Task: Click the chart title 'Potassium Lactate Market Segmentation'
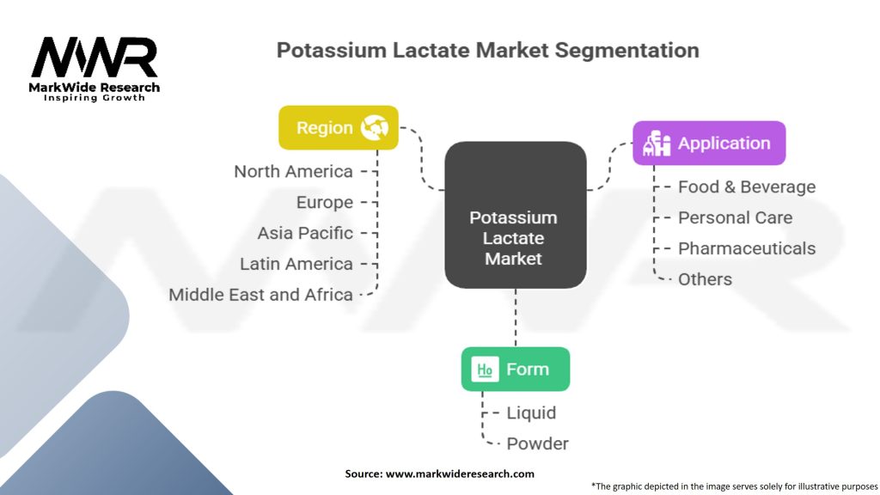point(487,50)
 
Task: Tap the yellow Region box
point(338,128)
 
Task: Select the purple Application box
point(709,144)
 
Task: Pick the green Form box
point(515,370)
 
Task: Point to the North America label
point(293,171)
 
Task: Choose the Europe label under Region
point(324,202)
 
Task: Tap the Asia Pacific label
point(305,233)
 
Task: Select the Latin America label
point(296,264)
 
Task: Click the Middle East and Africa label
point(260,295)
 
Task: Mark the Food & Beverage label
point(746,186)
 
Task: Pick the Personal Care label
point(735,217)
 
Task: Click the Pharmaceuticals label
point(746,248)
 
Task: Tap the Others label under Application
point(705,279)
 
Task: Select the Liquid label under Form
point(531,412)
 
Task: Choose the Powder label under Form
point(537,443)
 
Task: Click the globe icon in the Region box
point(375,128)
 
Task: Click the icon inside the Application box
point(657,144)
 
